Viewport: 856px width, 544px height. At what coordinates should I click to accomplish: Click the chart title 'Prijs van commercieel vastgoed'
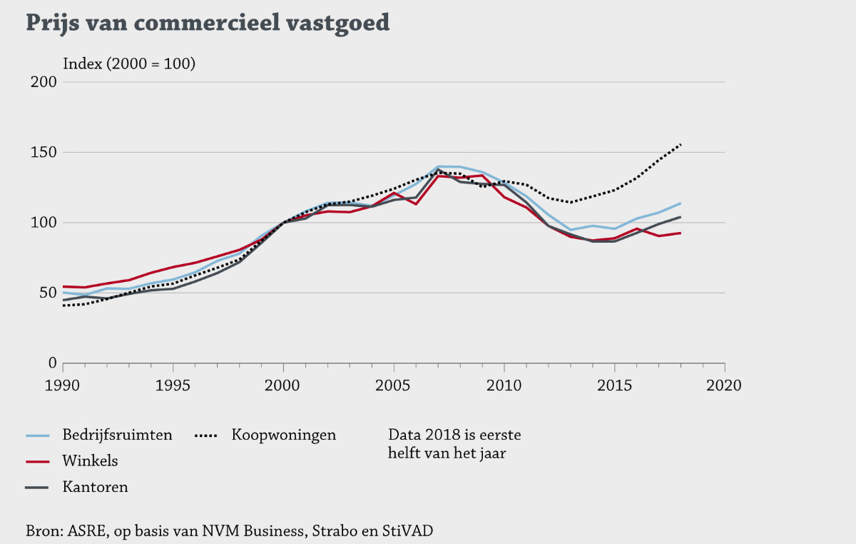[208, 23]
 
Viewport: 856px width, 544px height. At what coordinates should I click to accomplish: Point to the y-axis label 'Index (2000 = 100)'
[129, 64]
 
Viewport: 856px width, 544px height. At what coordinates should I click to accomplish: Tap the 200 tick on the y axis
[46, 82]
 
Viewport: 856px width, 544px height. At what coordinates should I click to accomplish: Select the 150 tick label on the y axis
[46, 152]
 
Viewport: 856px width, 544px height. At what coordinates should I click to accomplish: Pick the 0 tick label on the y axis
[52, 363]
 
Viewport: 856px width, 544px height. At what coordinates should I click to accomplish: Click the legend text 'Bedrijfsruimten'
[117, 435]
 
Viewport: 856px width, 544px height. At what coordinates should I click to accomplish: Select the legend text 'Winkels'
[90, 461]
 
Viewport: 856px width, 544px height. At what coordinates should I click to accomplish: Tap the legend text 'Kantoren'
[95, 488]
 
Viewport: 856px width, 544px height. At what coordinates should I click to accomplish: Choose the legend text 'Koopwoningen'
[283, 435]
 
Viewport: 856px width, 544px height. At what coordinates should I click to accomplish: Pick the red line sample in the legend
[37, 461]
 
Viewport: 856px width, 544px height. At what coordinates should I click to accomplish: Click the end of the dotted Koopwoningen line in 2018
[681, 144]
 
